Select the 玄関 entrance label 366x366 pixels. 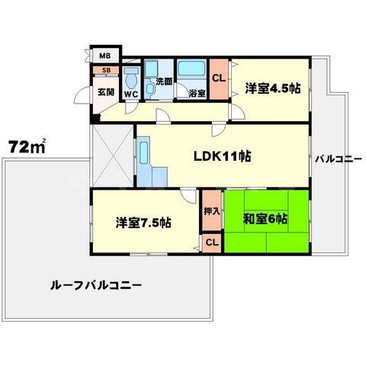[104, 93]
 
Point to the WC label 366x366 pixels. [130, 94]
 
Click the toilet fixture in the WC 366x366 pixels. [131, 78]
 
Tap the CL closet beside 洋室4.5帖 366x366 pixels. [217, 78]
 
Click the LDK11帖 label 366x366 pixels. [221, 157]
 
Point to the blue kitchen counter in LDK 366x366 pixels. [146, 165]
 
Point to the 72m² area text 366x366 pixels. [27, 145]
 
